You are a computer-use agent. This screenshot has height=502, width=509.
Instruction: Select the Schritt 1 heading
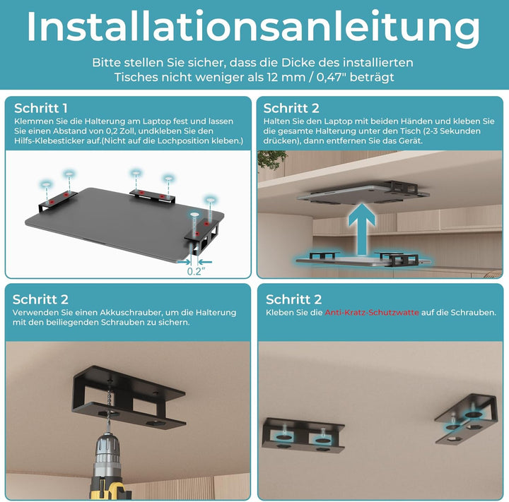pyautogui.click(x=41, y=108)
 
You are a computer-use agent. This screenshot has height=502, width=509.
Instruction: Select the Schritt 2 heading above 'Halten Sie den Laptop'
pyautogui.click(x=291, y=108)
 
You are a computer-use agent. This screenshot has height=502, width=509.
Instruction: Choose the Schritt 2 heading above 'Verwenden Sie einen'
pyautogui.click(x=41, y=299)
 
